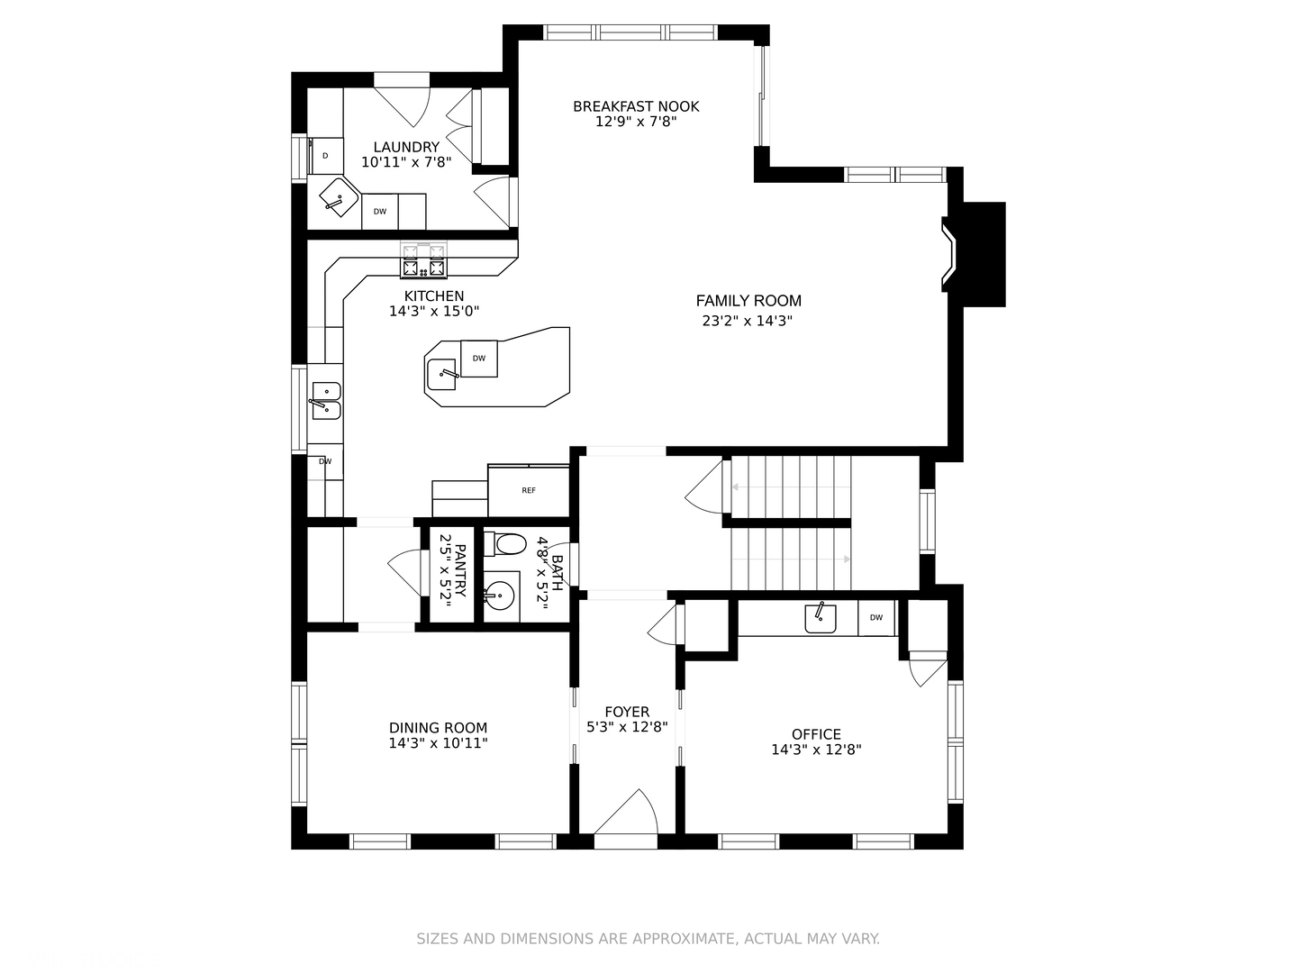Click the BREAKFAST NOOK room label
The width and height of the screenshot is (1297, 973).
click(x=636, y=106)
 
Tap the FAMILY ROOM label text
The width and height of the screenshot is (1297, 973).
click(x=748, y=301)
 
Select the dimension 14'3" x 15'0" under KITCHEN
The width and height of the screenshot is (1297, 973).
click(x=434, y=311)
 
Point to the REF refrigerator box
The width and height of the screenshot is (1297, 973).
click(x=528, y=490)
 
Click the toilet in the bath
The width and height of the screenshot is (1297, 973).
click(x=504, y=544)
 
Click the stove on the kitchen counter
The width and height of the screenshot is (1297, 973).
click(x=423, y=260)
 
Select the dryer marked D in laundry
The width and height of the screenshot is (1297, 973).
click(x=325, y=156)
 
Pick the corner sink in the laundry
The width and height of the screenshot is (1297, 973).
click(x=339, y=197)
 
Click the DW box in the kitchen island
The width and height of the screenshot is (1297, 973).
click(x=478, y=359)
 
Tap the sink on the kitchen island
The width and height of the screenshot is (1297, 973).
click(x=441, y=375)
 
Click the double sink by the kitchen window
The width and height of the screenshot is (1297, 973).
click(x=326, y=401)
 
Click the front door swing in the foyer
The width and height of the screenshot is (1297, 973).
click(x=626, y=813)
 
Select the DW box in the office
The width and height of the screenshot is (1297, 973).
click(x=876, y=617)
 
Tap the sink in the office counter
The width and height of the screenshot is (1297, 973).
click(x=821, y=618)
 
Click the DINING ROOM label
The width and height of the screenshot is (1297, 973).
click(x=438, y=728)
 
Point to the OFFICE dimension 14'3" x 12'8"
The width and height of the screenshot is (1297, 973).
click(x=816, y=750)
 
